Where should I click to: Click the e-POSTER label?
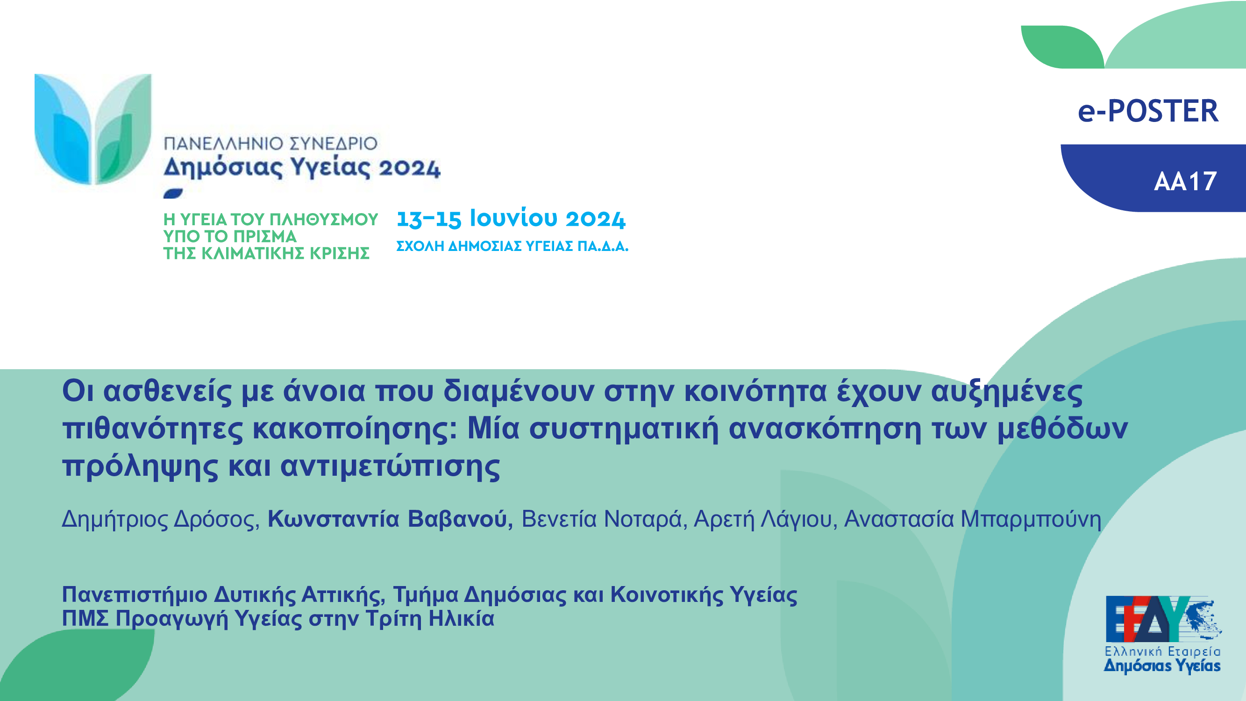pos(1148,111)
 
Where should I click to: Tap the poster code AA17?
pos(1185,181)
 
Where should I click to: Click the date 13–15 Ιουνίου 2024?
pos(511,219)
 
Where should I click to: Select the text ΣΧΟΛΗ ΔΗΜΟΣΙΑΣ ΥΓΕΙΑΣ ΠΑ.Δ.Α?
pos(512,246)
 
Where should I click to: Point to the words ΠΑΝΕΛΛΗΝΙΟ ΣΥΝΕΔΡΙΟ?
pos(271,143)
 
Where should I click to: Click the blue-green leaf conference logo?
pos(93,129)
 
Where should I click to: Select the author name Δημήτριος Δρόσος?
pos(161,519)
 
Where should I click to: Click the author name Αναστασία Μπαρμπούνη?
pos(973,519)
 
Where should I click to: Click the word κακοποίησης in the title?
pos(355,429)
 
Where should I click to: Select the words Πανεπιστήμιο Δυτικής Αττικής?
pos(223,594)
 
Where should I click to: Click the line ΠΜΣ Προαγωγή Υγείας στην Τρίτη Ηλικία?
pos(278,619)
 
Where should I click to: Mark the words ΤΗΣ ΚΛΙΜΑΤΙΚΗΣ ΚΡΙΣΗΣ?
pos(266,253)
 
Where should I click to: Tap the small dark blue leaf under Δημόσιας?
pos(173,193)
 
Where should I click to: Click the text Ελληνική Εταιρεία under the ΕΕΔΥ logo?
pos(1162,651)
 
